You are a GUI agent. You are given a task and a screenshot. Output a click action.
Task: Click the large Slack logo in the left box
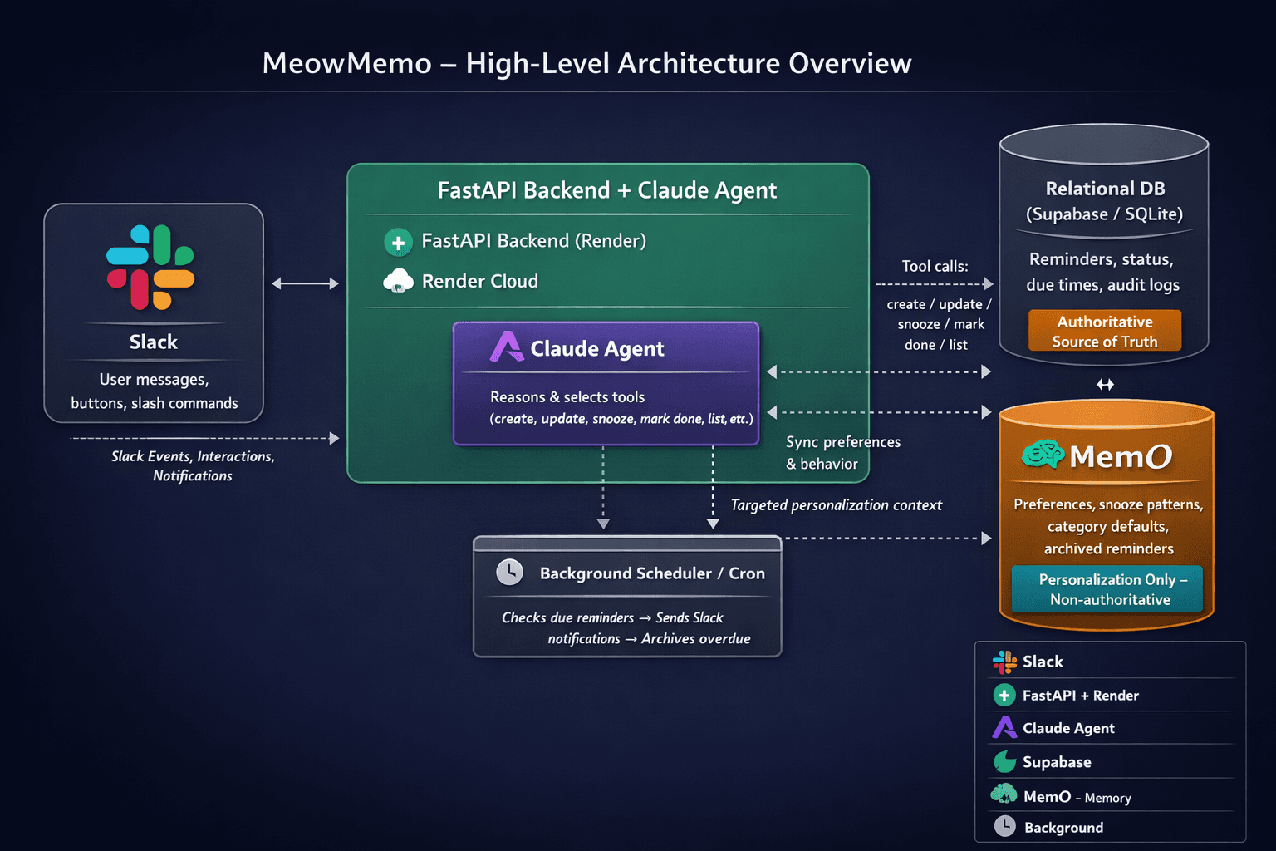pyautogui.click(x=150, y=267)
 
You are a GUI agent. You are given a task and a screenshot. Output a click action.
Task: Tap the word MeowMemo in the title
pyautogui.click(x=347, y=63)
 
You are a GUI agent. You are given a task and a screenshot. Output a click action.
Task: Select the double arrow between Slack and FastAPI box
pyautogui.click(x=305, y=283)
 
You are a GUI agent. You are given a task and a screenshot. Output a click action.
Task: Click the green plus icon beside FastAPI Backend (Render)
pyautogui.click(x=398, y=243)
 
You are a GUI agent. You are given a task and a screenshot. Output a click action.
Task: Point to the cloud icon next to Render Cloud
pyautogui.click(x=398, y=281)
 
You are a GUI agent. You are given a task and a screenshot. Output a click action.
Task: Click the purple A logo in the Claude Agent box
pyautogui.click(x=506, y=347)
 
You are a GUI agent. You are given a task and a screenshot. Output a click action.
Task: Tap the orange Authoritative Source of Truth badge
pyautogui.click(x=1104, y=331)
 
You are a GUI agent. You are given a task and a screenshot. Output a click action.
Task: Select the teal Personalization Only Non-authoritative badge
pyautogui.click(x=1107, y=589)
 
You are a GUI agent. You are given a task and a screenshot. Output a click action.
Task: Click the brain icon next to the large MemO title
pyautogui.click(x=1043, y=454)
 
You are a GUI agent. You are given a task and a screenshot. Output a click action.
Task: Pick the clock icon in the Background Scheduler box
pyautogui.click(x=509, y=572)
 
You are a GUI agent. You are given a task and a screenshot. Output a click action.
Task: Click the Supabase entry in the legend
pyautogui.click(x=1056, y=762)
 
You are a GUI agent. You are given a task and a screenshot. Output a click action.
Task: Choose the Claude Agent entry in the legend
pyautogui.click(x=1067, y=728)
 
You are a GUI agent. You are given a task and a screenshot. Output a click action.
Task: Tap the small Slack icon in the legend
pyautogui.click(x=1004, y=662)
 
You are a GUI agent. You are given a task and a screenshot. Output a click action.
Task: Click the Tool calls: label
pyautogui.click(x=935, y=266)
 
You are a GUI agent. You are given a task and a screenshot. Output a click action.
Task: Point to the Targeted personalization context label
pyautogui.click(x=836, y=505)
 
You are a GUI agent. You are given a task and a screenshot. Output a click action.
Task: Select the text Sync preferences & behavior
pyautogui.click(x=842, y=453)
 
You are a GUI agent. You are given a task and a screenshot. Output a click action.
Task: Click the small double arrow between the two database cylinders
pyautogui.click(x=1105, y=384)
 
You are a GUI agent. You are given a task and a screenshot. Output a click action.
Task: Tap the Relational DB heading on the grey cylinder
pyautogui.click(x=1105, y=189)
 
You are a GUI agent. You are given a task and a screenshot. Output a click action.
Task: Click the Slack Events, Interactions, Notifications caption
pyautogui.click(x=193, y=465)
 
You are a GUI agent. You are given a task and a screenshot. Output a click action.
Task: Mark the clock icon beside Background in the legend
pyautogui.click(x=1005, y=826)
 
